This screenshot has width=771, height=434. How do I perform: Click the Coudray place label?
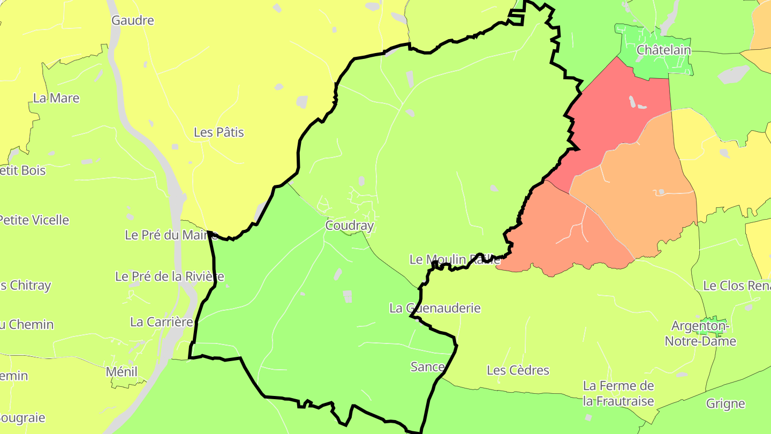pos(349,226)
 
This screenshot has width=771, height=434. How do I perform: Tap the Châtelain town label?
pos(663,50)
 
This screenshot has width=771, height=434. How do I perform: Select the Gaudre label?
pos(132,21)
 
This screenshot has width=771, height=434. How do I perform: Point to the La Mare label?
pos(56,99)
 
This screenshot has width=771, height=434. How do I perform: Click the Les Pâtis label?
pos(218,132)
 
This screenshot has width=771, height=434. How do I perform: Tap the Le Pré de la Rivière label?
pos(170,276)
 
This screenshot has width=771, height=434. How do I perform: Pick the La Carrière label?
pos(161,322)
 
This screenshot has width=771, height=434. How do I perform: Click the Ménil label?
pos(122,372)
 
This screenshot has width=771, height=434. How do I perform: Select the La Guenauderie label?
pos(435,308)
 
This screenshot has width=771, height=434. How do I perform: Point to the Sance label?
pos(427,367)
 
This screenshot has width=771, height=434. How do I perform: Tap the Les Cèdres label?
pos(518,370)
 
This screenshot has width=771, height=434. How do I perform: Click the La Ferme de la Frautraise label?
pos(618,393)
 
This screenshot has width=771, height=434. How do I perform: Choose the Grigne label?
pos(725,404)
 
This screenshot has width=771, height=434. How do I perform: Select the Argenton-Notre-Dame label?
pos(700,333)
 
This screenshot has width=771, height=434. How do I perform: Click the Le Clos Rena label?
pos(736,286)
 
